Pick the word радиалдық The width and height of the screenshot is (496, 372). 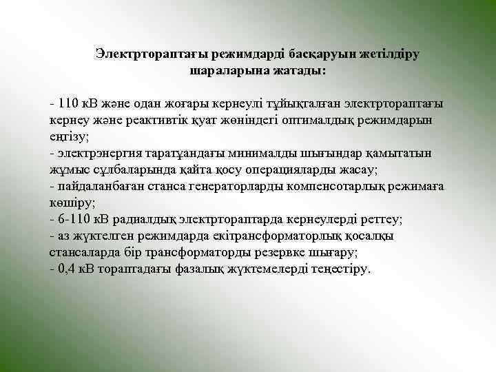(x=142, y=219)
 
